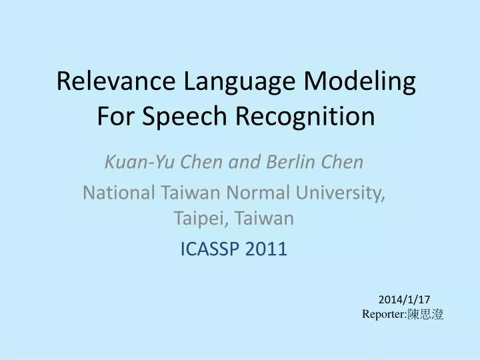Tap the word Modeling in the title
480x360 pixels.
click(x=360, y=82)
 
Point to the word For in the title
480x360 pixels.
click(x=113, y=117)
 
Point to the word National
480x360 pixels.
click(x=118, y=193)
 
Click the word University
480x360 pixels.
click(x=341, y=193)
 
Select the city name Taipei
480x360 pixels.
click(x=197, y=217)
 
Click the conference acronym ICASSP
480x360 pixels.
click(x=211, y=249)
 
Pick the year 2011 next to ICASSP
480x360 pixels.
click(x=267, y=249)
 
